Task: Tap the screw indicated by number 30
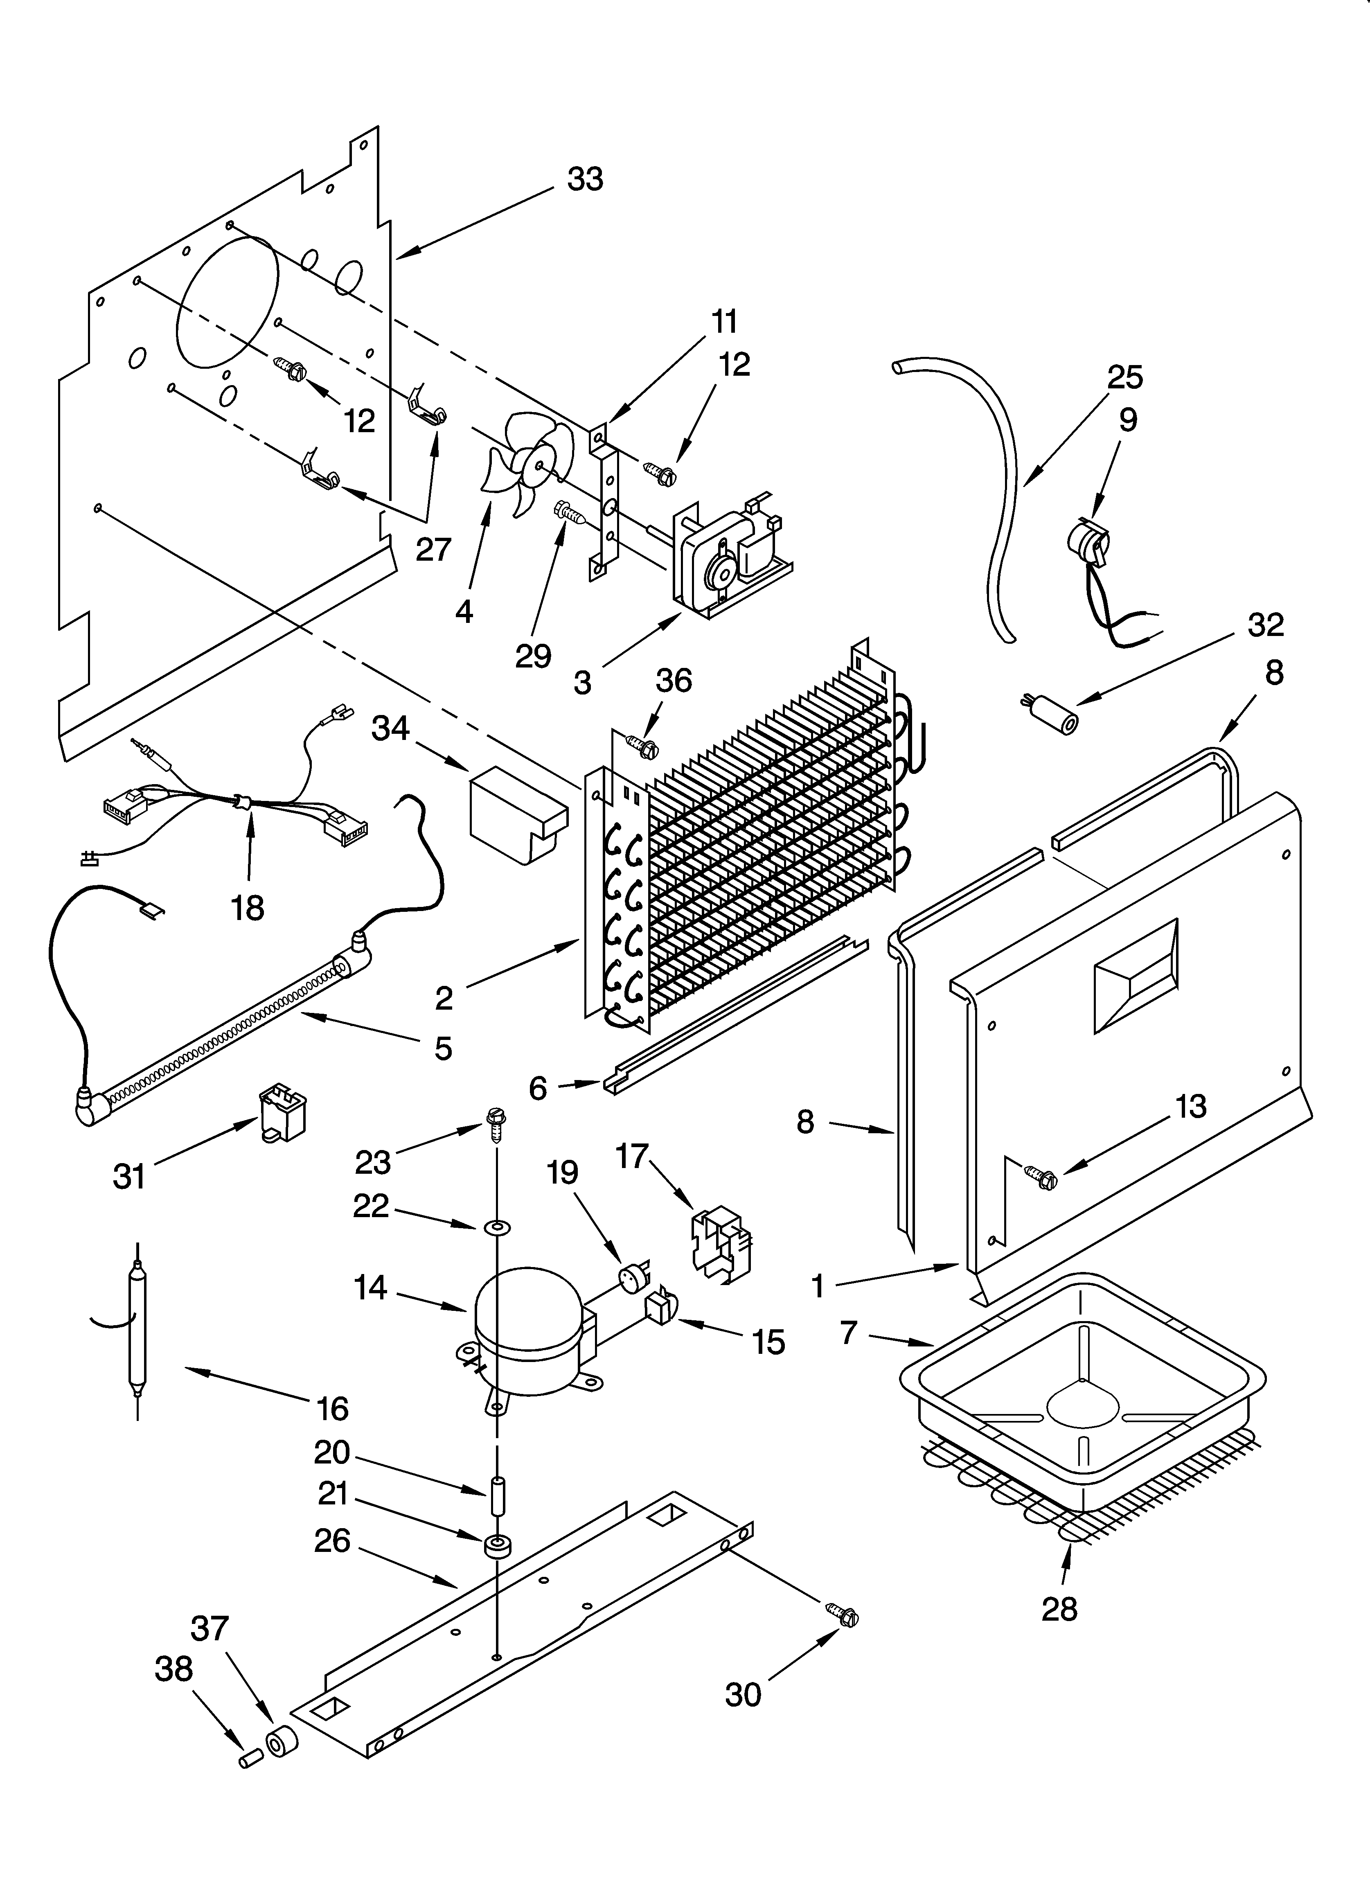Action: click(843, 1616)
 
